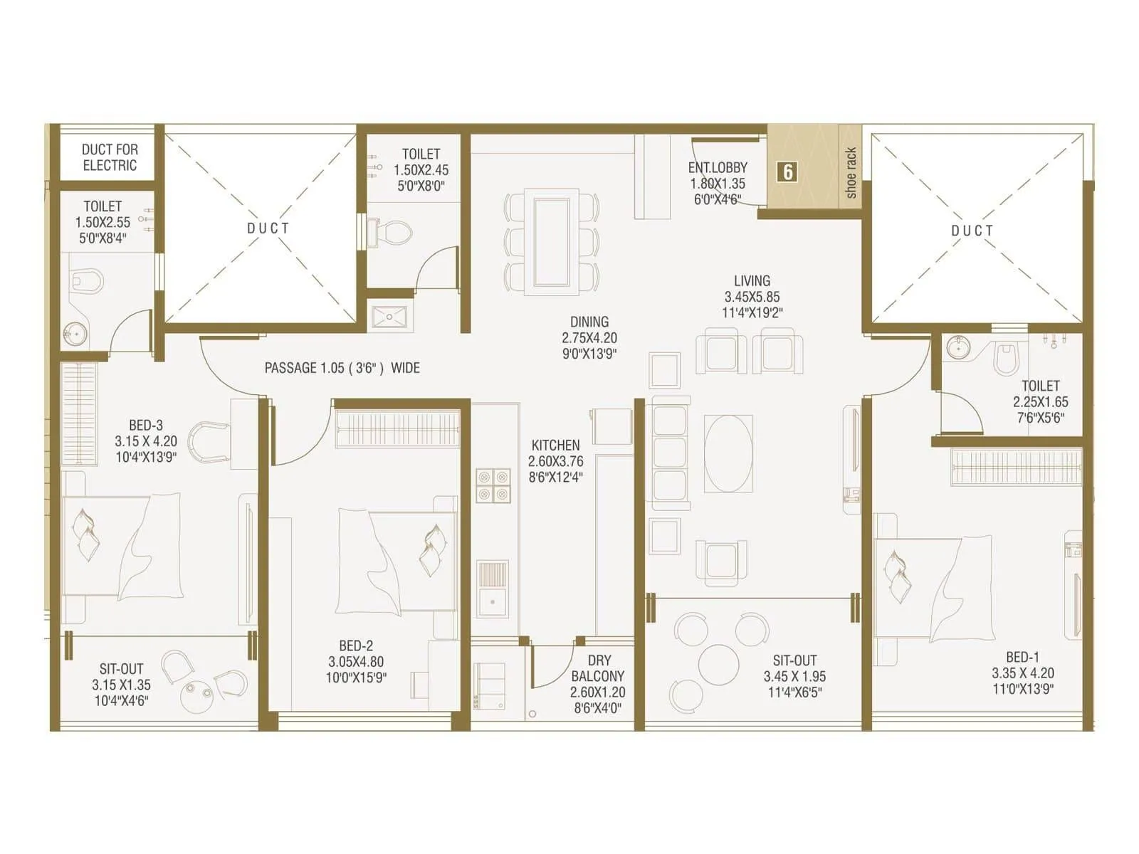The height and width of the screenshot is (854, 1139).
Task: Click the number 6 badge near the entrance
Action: tap(787, 172)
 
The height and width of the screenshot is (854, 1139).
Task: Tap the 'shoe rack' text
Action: tap(851, 173)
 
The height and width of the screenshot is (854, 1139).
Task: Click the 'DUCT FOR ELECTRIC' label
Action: tap(109, 157)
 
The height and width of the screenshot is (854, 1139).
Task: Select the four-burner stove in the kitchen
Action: tap(493, 485)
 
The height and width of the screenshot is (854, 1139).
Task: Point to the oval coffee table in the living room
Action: tap(728, 453)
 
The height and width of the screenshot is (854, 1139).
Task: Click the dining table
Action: tap(551, 241)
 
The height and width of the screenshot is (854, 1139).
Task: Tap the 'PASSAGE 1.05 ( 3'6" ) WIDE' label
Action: tap(342, 368)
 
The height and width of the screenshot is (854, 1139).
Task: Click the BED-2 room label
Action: tap(356, 645)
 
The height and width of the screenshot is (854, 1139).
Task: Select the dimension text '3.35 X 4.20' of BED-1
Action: tap(1023, 673)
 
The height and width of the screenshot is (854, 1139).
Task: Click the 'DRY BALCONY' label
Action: tap(598, 668)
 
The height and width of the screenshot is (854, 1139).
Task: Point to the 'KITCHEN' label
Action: tap(555, 445)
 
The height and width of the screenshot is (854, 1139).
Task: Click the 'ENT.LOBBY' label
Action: tap(718, 167)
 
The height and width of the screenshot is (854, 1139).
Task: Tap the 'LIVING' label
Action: tap(752, 280)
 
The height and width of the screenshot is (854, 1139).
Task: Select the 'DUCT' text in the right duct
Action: tap(972, 231)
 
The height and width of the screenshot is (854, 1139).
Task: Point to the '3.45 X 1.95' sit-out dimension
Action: tap(794, 676)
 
